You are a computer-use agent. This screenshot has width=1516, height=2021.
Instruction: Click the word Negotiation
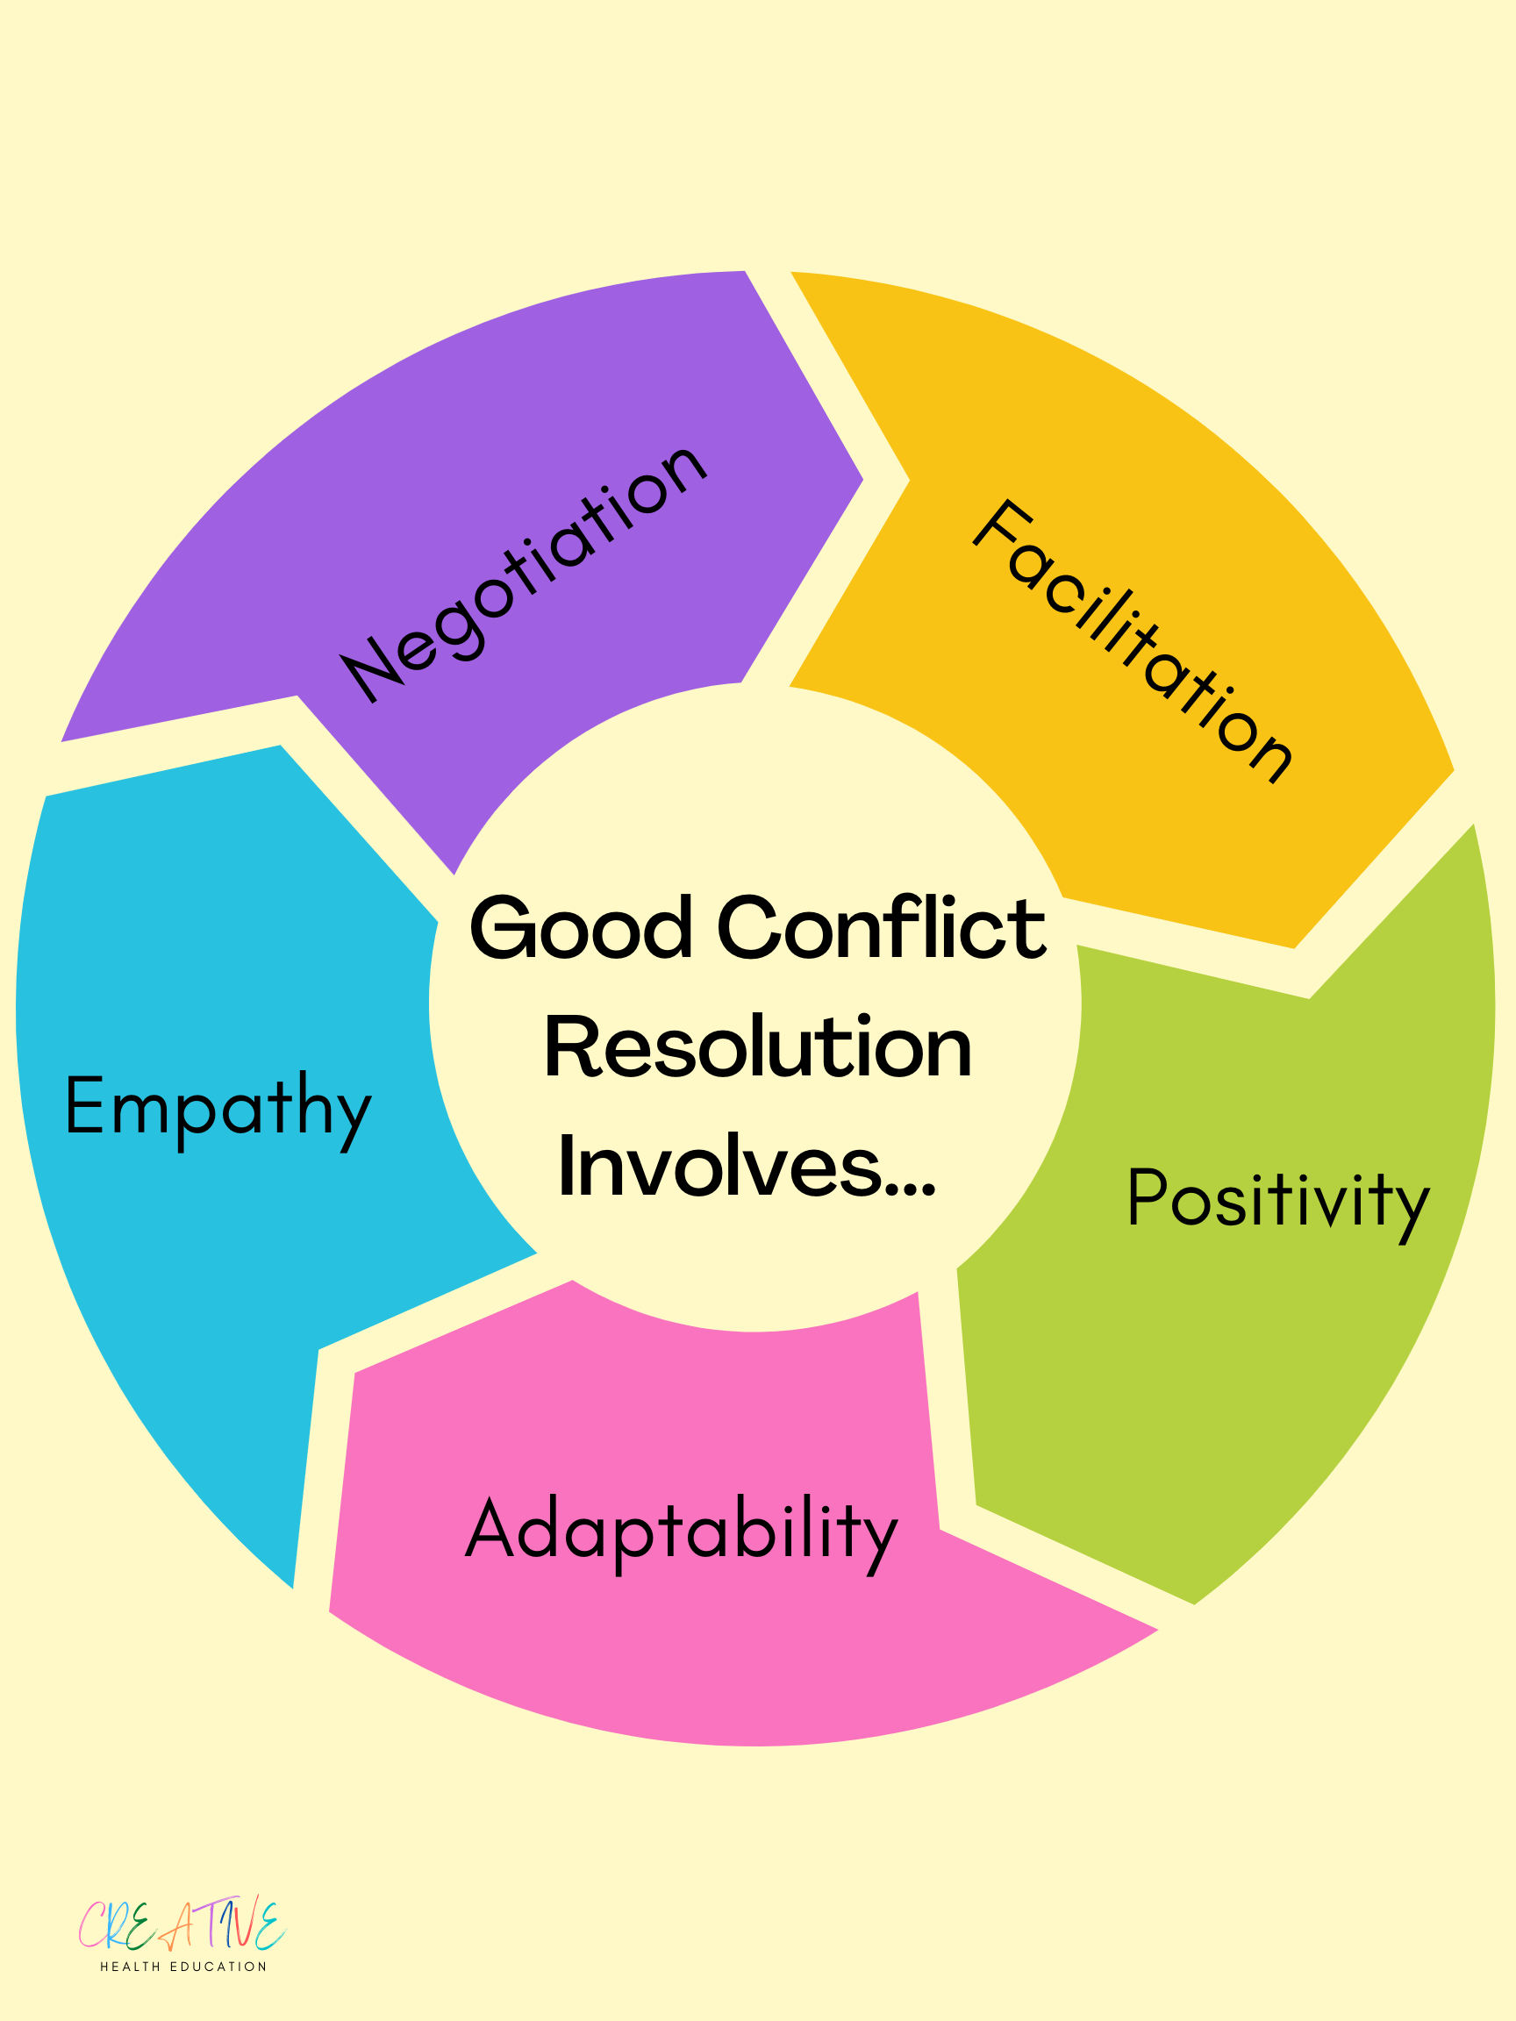pos(524,575)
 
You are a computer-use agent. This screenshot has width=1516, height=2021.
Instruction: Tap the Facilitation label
pos(1133,640)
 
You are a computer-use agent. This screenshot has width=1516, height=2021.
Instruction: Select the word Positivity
pos(1278,1199)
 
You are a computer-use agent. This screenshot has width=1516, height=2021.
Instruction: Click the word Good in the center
pos(581,928)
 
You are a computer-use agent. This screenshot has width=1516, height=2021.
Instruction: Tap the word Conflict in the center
pos(882,928)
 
